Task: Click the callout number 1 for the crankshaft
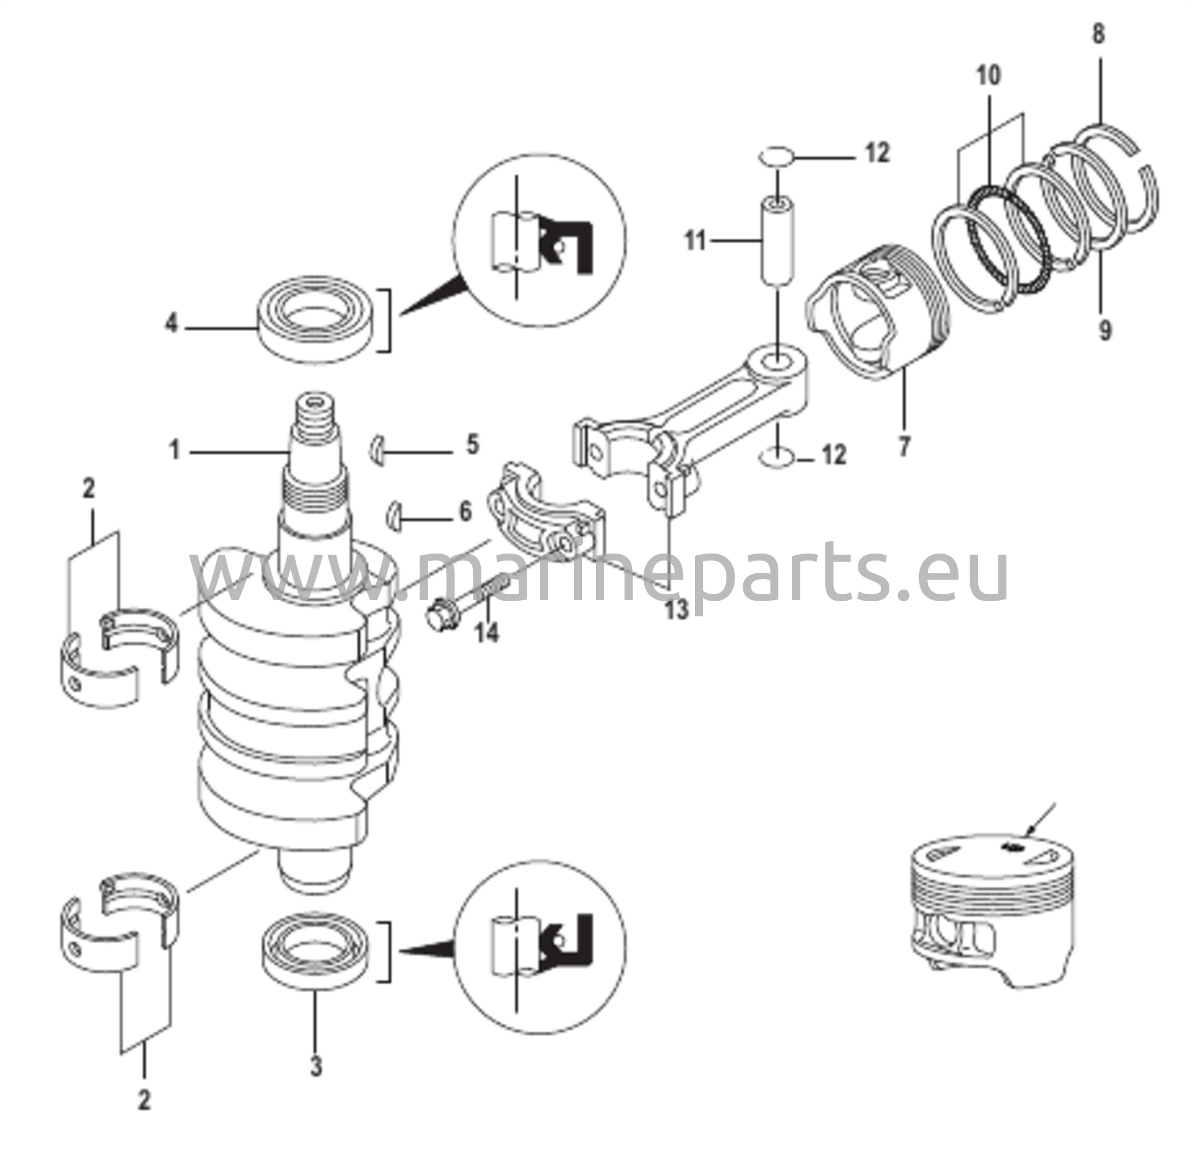(x=175, y=451)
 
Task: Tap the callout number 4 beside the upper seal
(x=172, y=323)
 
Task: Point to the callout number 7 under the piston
(x=904, y=446)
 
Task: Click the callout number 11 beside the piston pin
(x=696, y=241)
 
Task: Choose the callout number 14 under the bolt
(x=487, y=633)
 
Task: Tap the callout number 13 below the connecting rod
(x=676, y=609)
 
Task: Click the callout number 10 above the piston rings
(x=989, y=76)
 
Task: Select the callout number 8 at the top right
(x=1098, y=34)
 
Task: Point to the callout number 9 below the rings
(x=1106, y=330)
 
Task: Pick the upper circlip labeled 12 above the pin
(x=776, y=157)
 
